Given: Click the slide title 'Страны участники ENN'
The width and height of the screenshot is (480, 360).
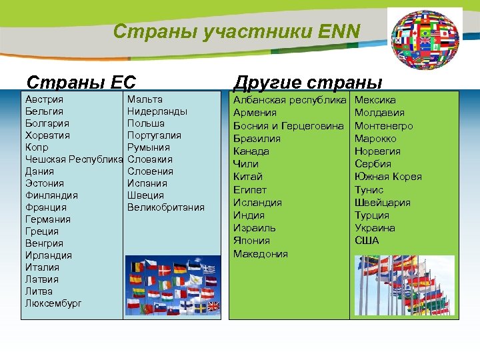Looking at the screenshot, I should pyautogui.click(x=237, y=31).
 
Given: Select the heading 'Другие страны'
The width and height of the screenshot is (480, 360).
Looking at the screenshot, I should pyautogui.click(x=307, y=83).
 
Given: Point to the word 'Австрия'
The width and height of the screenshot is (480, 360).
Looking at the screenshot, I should pyautogui.click(x=44, y=99).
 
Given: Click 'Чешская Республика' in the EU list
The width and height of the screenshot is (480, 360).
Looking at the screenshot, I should pyautogui.click(x=73, y=159).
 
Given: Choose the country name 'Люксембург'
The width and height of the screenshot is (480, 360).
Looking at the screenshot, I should pyautogui.click(x=53, y=303).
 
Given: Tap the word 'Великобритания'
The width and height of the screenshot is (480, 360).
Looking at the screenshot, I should pyautogui.click(x=165, y=207).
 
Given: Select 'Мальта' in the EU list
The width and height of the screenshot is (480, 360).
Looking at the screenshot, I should pyautogui.click(x=145, y=99).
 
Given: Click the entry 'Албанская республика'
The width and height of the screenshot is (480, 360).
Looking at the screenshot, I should pyautogui.click(x=290, y=100).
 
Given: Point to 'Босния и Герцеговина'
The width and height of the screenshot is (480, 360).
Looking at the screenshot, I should pyautogui.click(x=288, y=126).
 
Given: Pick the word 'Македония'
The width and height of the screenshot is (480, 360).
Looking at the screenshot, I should pyautogui.click(x=260, y=254).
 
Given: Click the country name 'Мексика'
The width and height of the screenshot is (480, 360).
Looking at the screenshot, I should pyautogui.click(x=375, y=100).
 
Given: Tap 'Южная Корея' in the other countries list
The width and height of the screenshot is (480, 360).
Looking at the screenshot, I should pyautogui.click(x=388, y=177).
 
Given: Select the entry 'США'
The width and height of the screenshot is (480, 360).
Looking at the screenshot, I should pyautogui.click(x=367, y=240).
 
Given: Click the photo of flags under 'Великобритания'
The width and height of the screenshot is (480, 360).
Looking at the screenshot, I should pyautogui.click(x=173, y=285).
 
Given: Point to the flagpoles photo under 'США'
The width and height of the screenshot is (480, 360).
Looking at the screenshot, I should pyautogui.click(x=405, y=285).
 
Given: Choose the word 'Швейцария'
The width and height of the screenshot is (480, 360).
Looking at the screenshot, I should pyautogui.click(x=383, y=203).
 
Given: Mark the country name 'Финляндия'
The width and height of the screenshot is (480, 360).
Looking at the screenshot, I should pyautogui.click(x=51, y=195).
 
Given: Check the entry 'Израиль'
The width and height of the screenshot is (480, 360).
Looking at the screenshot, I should pyautogui.click(x=255, y=228).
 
